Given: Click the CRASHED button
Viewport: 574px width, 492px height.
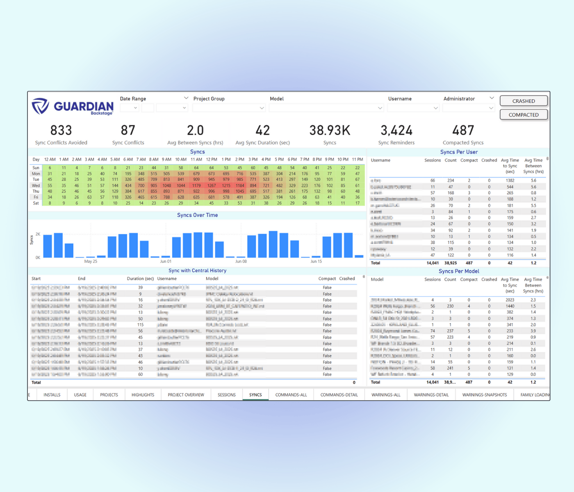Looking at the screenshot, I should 524,101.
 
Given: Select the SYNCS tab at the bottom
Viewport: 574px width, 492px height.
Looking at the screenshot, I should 255,395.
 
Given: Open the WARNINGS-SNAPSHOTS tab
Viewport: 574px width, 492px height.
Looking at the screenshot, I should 484,395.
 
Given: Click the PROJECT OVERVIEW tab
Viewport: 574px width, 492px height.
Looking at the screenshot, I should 186,395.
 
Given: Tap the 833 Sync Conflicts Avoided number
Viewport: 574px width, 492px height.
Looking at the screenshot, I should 61,130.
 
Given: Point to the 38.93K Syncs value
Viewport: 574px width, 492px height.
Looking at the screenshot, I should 330,130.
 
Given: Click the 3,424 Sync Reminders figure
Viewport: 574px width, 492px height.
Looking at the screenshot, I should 396,130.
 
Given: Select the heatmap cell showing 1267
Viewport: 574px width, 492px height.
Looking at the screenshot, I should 212,185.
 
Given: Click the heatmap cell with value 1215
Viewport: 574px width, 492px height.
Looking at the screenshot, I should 226,185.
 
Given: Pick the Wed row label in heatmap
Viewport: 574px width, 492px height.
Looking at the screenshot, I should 36,185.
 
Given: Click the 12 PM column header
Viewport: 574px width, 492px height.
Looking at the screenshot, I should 212,159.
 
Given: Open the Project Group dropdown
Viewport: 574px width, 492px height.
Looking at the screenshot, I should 229,108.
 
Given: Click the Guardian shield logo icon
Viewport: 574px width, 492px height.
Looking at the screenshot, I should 40,106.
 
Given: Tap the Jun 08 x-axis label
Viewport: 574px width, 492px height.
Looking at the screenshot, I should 241,261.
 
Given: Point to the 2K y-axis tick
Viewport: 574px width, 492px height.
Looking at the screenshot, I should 38,234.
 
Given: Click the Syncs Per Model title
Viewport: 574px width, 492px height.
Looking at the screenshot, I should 459,271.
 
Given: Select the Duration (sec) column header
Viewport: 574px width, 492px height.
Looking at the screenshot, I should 140,278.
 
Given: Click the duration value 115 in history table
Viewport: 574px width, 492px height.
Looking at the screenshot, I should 140,325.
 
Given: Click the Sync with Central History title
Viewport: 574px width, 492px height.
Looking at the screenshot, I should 197,271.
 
